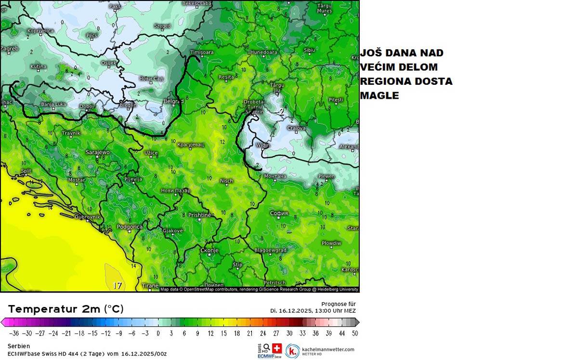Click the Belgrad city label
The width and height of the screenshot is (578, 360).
point(174,102)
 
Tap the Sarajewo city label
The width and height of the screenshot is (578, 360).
point(97,152)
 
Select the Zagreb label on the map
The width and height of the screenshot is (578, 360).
point(10,49)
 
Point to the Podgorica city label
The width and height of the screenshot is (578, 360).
point(130,227)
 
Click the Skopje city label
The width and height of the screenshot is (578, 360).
point(210,251)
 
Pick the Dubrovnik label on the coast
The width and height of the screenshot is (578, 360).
point(87,217)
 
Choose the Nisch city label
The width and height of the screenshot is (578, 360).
point(226,181)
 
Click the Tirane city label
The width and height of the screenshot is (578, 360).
point(150,286)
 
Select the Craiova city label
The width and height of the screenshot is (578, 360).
point(296,128)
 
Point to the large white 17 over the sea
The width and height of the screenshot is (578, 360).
point(117,285)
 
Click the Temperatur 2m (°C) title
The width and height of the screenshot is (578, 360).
point(66,309)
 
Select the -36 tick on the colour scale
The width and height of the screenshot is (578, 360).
point(14,333)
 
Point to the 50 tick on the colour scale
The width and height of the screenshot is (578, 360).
point(355,333)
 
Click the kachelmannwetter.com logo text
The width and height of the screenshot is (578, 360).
point(328,349)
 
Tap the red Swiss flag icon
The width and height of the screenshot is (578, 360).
point(277,348)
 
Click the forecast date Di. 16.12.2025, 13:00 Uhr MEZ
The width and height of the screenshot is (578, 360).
point(313,311)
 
